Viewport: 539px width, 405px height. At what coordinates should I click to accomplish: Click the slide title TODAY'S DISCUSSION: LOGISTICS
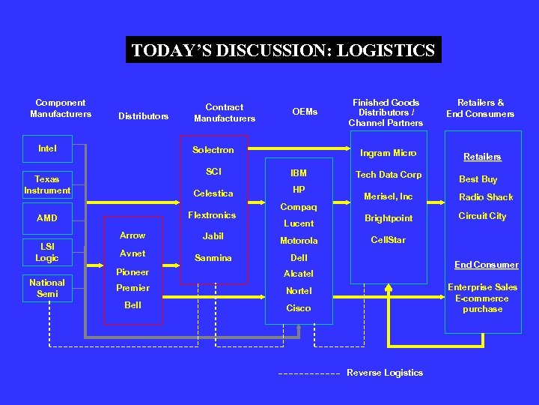point(283,50)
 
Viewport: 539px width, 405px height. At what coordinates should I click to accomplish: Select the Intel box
point(47,148)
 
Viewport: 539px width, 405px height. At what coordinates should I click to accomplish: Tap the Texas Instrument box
point(47,184)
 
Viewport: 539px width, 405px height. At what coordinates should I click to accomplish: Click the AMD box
point(47,218)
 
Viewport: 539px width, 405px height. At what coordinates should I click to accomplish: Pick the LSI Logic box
point(47,252)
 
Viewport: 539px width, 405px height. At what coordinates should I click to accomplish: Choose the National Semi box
point(47,288)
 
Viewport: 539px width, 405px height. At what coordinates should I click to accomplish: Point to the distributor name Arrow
point(133,235)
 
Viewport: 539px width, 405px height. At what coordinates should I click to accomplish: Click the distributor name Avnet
point(133,253)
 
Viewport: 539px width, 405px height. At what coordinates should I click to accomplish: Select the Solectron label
point(213,150)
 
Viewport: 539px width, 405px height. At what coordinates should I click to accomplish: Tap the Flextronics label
point(213,215)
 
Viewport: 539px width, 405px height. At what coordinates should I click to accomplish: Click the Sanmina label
point(213,258)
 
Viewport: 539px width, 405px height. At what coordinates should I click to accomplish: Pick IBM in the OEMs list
point(299,173)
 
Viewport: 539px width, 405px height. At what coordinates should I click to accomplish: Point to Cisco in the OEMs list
point(299,308)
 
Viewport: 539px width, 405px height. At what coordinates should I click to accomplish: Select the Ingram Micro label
point(389,153)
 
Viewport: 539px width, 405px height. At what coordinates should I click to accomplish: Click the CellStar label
point(389,241)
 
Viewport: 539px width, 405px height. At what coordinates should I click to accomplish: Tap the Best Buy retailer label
point(478,179)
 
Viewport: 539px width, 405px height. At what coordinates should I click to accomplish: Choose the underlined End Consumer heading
point(486,265)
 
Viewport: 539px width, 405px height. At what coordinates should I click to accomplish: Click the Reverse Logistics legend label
point(385,373)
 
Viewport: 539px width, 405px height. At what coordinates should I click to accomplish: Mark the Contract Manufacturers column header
point(225,112)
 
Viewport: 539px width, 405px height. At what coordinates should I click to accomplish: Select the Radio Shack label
point(486,197)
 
